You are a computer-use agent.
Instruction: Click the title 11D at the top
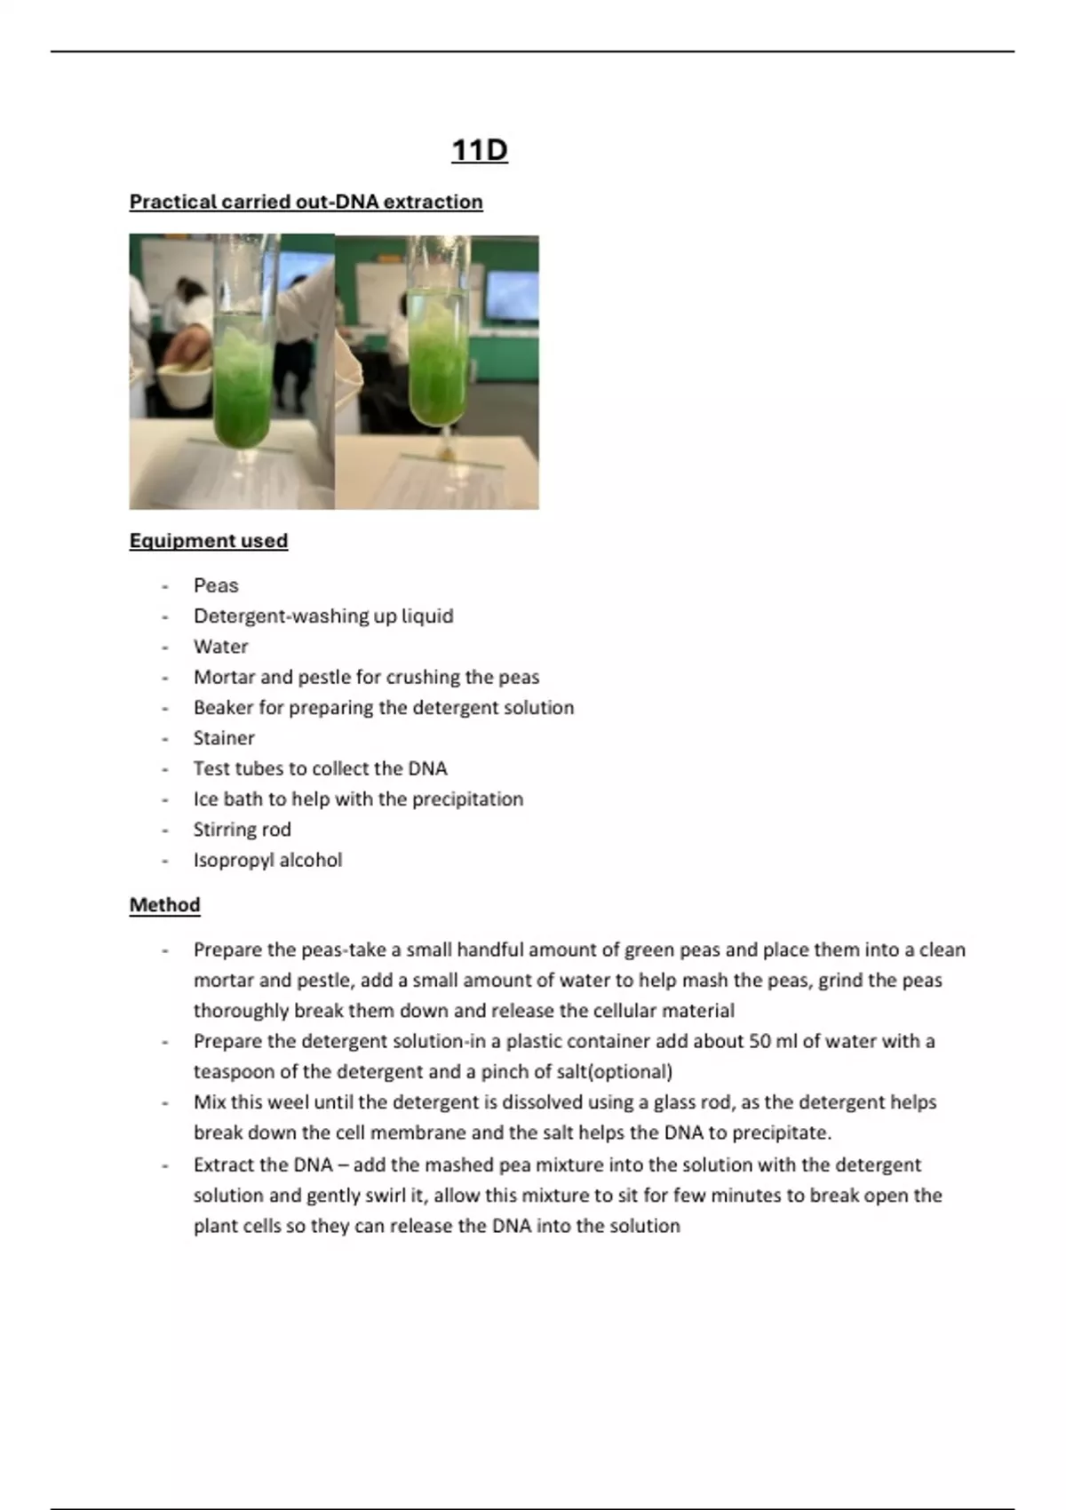tap(479, 150)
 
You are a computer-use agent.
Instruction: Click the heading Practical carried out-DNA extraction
tap(306, 202)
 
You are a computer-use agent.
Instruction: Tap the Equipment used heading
tap(208, 540)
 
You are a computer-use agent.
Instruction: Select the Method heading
tap(164, 904)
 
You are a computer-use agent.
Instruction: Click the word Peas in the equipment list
tap(216, 585)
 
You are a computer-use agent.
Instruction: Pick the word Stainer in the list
tap(224, 737)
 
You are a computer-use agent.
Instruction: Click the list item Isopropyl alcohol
tap(267, 860)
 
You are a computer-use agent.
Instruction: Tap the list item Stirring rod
tap(242, 829)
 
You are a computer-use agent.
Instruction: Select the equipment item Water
tap(220, 647)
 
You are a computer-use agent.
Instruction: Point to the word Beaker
tap(223, 707)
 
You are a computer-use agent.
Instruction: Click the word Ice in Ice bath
tap(205, 799)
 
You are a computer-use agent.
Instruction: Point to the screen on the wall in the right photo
tap(511, 296)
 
